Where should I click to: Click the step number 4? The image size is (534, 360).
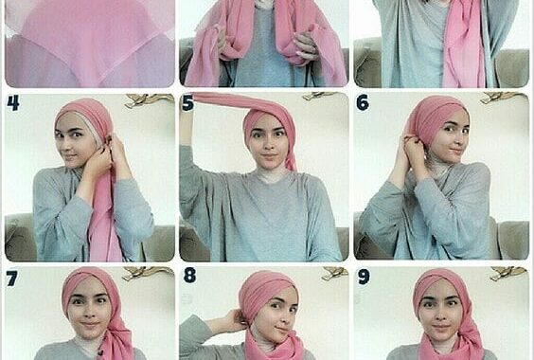point(13,103)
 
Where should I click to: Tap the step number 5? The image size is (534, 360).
point(187,103)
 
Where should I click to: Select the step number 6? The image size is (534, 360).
point(363,102)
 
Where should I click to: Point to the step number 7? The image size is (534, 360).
point(11,279)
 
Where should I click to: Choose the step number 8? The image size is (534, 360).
point(189,276)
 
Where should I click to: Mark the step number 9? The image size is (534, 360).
point(364,277)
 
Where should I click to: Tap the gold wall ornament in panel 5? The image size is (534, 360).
point(320,96)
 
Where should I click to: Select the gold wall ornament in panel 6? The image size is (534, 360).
point(502,98)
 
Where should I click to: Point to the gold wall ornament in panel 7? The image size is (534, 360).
point(147,273)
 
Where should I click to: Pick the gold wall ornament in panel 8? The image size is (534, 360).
point(334,273)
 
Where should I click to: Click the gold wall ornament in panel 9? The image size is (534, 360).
point(508,273)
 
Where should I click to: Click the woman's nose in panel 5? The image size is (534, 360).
point(270,143)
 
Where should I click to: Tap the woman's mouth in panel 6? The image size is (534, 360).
point(455,151)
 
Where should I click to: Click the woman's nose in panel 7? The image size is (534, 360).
point(90,312)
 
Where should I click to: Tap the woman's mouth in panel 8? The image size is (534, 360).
point(281,330)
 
